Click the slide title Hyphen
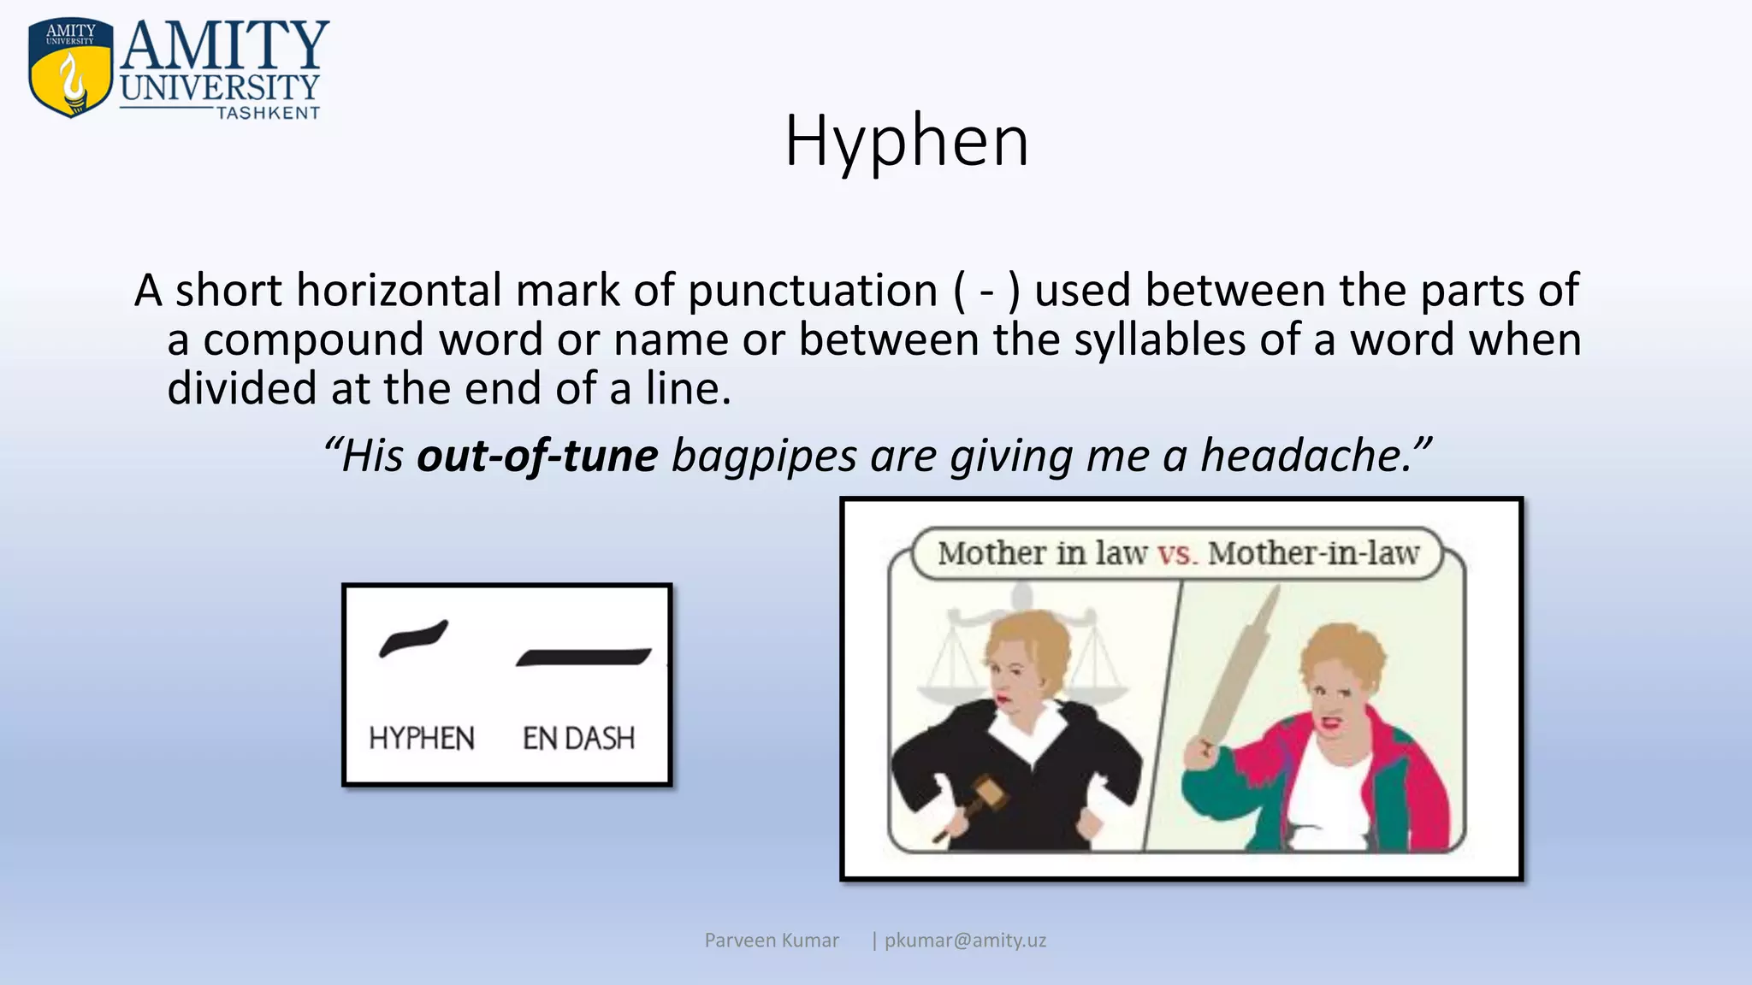[907, 141]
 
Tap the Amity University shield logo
[70, 68]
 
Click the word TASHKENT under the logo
[268, 113]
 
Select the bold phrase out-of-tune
[537, 455]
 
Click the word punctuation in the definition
[813, 291]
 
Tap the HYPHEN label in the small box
[421, 738]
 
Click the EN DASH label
[578, 738]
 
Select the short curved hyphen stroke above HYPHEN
[413, 638]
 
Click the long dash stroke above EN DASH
[583, 657]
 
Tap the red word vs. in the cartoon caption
[1177, 553]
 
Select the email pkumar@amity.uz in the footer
[965, 941]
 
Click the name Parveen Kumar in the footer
[772, 941]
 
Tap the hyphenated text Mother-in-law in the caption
[1313, 553]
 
